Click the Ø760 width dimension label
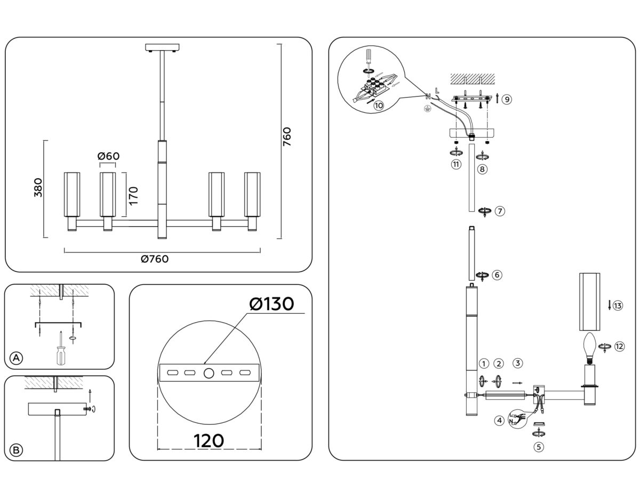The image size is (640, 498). pyautogui.click(x=155, y=259)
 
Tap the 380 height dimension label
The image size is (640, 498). pyautogui.click(x=38, y=188)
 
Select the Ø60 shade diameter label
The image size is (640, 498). pyautogui.click(x=108, y=156)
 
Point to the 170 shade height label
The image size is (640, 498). pyautogui.click(x=133, y=196)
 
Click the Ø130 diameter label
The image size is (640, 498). pyautogui.click(x=271, y=304)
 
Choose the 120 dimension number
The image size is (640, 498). pyautogui.click(x=209, y=441)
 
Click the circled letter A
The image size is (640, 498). pyautogui.click(x=17, y=358)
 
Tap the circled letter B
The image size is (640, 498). pyautogui.click(x=17, y=450)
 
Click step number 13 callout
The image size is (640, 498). pyautogui.click(x=618, y=306)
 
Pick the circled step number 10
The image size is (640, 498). pyautogui.click(x=379, y=106)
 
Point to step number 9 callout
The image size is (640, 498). pyautogui.click(x=507, y=99)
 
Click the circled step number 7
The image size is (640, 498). pyautogui.click(x=500, y=211)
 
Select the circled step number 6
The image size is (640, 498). pyautogui.click(x=497, y=275)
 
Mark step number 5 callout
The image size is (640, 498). pyautogui.click(x=539, y=447)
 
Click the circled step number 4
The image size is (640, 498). pyautogui.click(x=499, y=421)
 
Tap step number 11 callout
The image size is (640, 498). pyautogui.click(x=456, y=164)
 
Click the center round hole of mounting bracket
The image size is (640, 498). pyautogui.click(x=210, y=372)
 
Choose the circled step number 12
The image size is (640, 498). pyautogui.click(x=619, y=346)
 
